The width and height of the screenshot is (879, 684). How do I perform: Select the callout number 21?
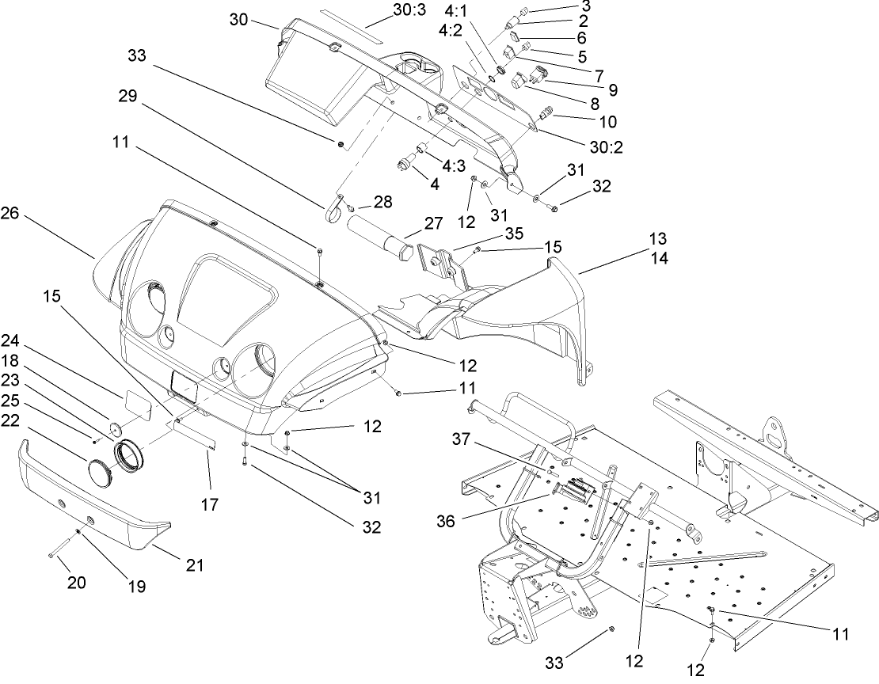(x=195, y=565)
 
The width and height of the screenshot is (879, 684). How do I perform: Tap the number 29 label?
(x=128, y=97)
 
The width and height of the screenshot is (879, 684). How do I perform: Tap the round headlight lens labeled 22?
(x=100, y=469)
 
